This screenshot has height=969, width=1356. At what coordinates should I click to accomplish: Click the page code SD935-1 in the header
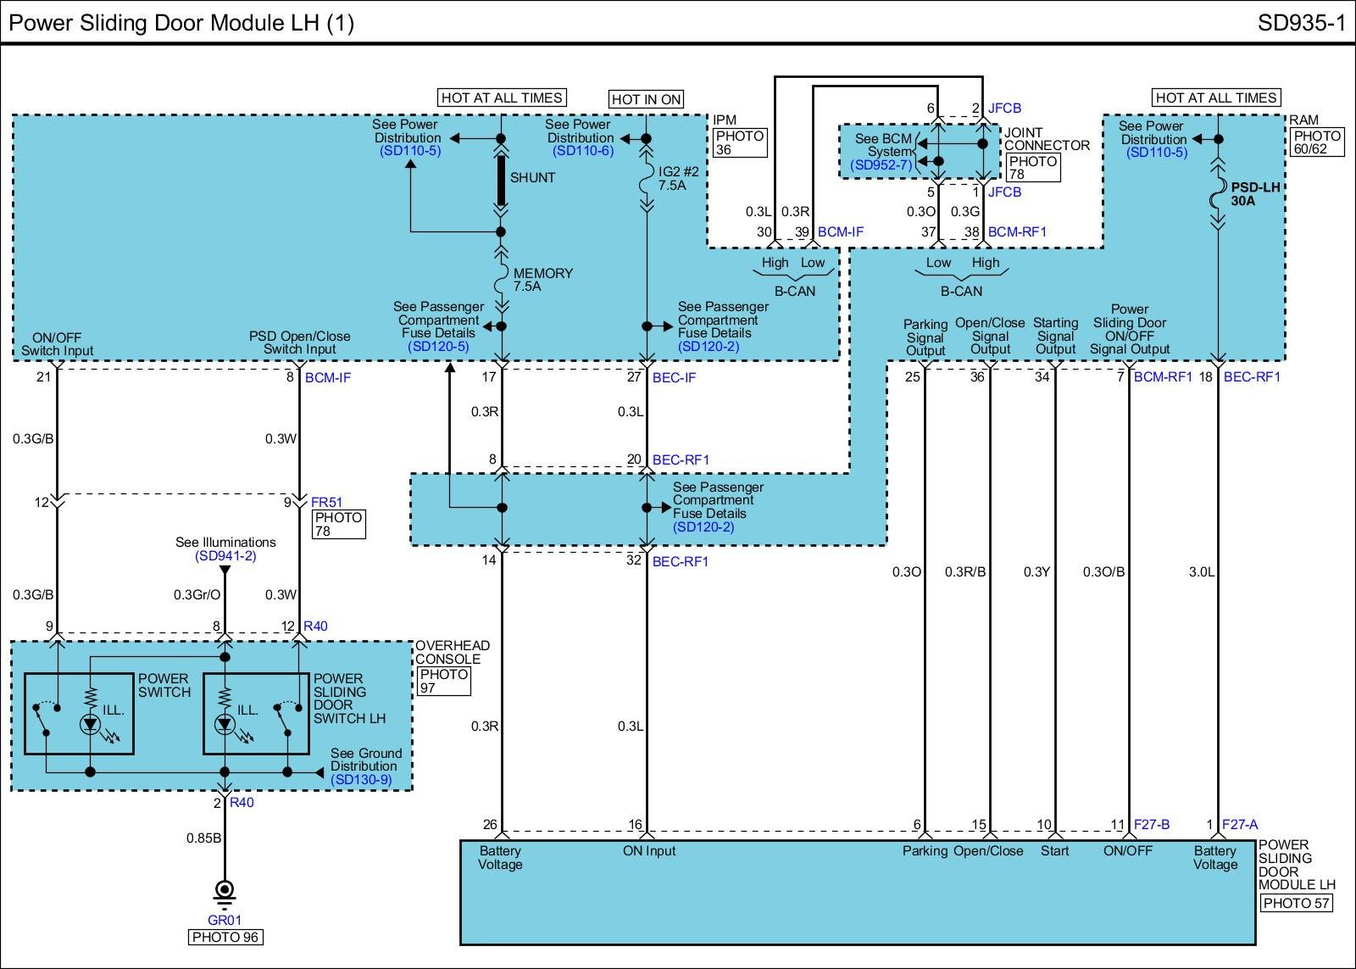tap(1301, 22)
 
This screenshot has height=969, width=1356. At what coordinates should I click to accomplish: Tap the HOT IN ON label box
tap(647, 99)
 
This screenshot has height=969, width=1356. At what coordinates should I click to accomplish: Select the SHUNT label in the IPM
tap(532, 178)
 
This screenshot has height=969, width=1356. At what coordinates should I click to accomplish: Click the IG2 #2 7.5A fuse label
tap(678, 178)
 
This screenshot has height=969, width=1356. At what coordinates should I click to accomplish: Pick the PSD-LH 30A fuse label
tap(1255, 194)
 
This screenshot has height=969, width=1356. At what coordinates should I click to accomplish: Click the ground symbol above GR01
tap(225, 892)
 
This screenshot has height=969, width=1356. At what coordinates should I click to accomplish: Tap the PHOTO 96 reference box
tap(225, 937)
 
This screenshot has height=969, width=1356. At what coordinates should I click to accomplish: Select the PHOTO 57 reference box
tap(1296, 903)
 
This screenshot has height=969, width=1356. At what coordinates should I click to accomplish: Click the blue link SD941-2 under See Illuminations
tap(225, 556)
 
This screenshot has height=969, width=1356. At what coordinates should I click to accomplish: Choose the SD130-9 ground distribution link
tap(361, 780)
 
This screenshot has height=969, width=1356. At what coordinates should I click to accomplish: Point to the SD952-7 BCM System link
tap(882, 165)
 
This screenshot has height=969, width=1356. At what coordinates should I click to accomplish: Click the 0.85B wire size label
tap(204, 838)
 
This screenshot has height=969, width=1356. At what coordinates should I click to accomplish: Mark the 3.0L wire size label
tap(1201, 572)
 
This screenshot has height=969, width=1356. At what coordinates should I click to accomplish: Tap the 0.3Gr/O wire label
tap(197, 595)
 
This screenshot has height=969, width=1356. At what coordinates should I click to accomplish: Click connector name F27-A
tap(1240, 824)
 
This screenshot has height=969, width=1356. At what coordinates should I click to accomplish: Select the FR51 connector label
tap(326, 503)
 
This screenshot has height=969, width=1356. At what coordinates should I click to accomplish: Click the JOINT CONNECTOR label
tap(1047, 139)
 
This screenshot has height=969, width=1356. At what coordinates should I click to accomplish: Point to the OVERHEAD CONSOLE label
tap(452, 652)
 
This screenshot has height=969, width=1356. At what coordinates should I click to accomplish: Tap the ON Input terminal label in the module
tap(649, 851)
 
